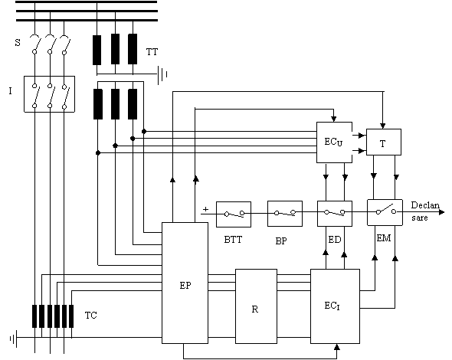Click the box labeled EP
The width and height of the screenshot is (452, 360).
[x=185, y=283]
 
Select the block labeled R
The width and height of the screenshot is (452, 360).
[x=257, y=306]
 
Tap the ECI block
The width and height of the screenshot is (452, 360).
[x=335, y=306]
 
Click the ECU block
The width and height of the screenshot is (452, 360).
[x=334, y=142]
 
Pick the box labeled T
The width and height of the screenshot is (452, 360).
[x=384, y=142]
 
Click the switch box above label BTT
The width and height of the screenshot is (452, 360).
[x=234, y=214]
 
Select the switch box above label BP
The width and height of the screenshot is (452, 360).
[x=285, y=214]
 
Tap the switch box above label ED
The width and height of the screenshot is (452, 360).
[x=335, y=214]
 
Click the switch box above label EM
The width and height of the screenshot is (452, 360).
[x=385, y=212]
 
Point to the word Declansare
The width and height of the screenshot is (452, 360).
[x=425, y=211]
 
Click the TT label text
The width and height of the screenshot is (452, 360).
[x=152, y=52]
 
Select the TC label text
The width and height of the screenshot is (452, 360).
[x=91, y=316]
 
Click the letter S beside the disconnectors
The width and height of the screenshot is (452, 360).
[x=18, y=43]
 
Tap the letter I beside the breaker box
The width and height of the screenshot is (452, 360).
[x=11, y=91]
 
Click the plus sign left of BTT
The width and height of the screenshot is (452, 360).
[x=205, y=209]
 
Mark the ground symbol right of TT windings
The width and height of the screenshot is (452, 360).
[x=162, y=75]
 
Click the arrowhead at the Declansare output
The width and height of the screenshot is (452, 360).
[x=441, y=212]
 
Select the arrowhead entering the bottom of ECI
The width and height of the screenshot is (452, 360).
[x=336, y=347]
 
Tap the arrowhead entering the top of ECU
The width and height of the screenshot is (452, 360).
[x=334, y=119]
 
